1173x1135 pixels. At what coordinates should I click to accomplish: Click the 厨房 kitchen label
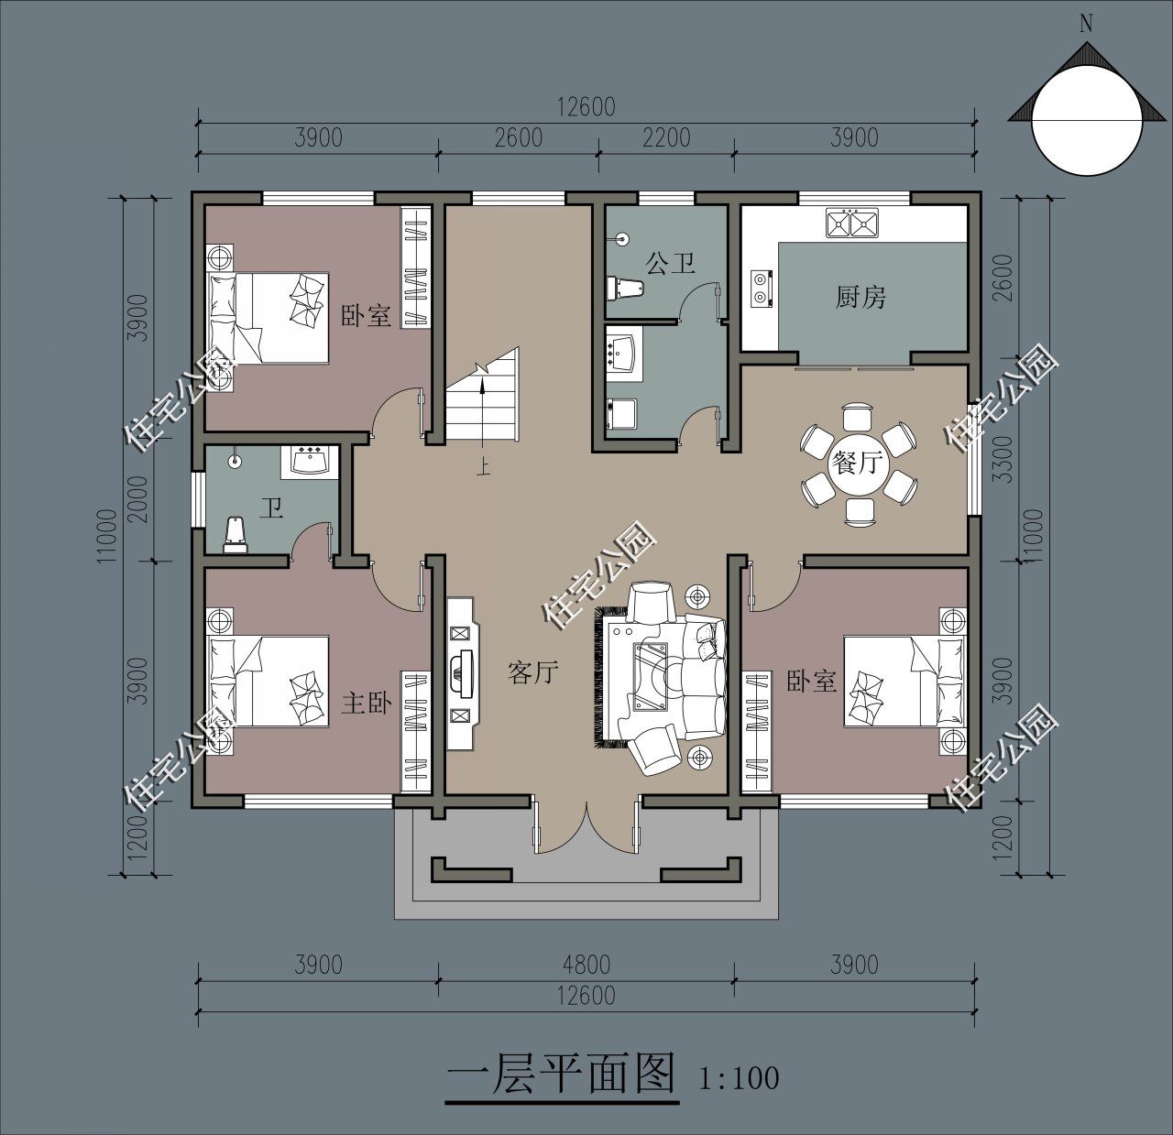(x=861, y=297)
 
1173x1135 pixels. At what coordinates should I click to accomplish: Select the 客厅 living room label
(x=532, y=673)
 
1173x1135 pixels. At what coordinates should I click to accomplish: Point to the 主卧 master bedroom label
(x=367, y=703)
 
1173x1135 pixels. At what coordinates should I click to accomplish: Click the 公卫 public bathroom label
(x=670, y=264)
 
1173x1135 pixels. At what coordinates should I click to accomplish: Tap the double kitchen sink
(x=852, y=223)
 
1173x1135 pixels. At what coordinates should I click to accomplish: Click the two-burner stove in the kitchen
(x=762, y=287)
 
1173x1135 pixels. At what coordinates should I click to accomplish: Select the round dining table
(x=856, y=464)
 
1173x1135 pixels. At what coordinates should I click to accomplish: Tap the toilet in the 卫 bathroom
(x=236, y=535)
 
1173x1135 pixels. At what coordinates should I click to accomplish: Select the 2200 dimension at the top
(x=665, y=137)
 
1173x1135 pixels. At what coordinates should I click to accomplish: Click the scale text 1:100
(x=739, y=1077)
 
